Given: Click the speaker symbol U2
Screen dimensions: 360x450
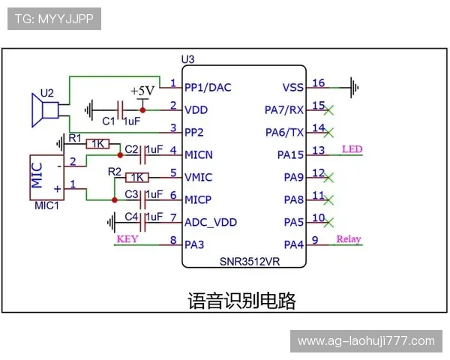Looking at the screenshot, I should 44,109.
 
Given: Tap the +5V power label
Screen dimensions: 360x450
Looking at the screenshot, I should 142,91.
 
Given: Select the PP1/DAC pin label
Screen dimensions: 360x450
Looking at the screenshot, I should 208,87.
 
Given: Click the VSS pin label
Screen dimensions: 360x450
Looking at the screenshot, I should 292,87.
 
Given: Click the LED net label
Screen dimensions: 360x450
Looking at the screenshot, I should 352,149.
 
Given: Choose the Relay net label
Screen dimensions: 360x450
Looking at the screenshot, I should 348,240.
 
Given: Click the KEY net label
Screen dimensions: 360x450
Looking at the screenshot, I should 127,240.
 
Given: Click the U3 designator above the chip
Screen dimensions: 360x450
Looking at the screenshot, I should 188,59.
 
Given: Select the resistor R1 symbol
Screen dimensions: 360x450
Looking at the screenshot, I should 98,143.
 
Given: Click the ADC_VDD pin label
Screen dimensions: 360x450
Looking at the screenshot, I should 211,222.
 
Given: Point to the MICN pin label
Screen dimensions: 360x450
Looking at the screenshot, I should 199,154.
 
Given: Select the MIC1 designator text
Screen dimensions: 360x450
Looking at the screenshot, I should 46,205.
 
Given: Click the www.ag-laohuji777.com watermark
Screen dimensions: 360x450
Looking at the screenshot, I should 366,341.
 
